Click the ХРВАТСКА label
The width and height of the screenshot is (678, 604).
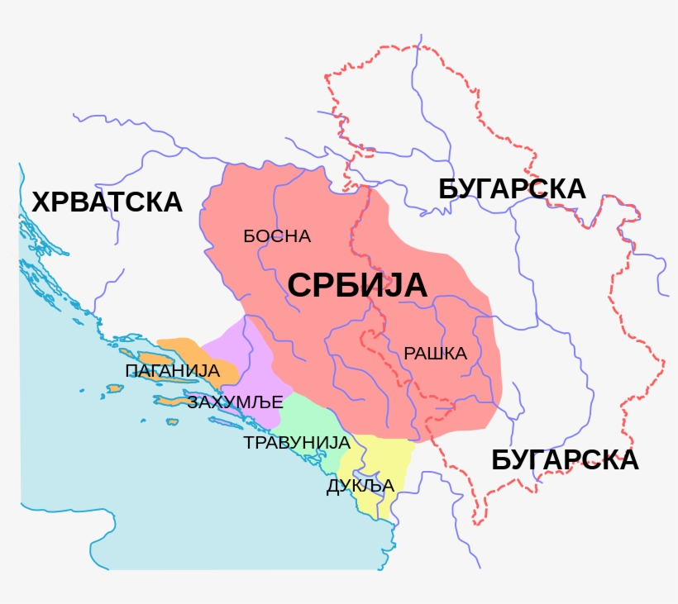[107, 202]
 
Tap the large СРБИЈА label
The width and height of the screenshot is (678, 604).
[357, 285]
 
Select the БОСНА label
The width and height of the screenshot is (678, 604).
[277, 236]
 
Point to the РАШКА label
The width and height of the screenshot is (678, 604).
[436, 354]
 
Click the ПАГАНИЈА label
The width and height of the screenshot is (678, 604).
[171, 370]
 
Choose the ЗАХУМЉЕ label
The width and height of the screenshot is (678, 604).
[236, 402]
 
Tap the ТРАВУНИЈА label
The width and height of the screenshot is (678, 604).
[297, 443]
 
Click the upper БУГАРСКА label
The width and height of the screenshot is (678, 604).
[512, 189]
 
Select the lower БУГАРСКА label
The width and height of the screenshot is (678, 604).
[565, 460]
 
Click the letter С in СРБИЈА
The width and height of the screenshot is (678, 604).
[299, 286]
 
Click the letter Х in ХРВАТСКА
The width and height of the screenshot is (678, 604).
[41, 202]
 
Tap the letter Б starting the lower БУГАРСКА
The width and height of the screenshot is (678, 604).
[501, 460]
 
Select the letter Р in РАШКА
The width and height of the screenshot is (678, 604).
[409, 354]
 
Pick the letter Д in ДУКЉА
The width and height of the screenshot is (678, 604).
[333, 487]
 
